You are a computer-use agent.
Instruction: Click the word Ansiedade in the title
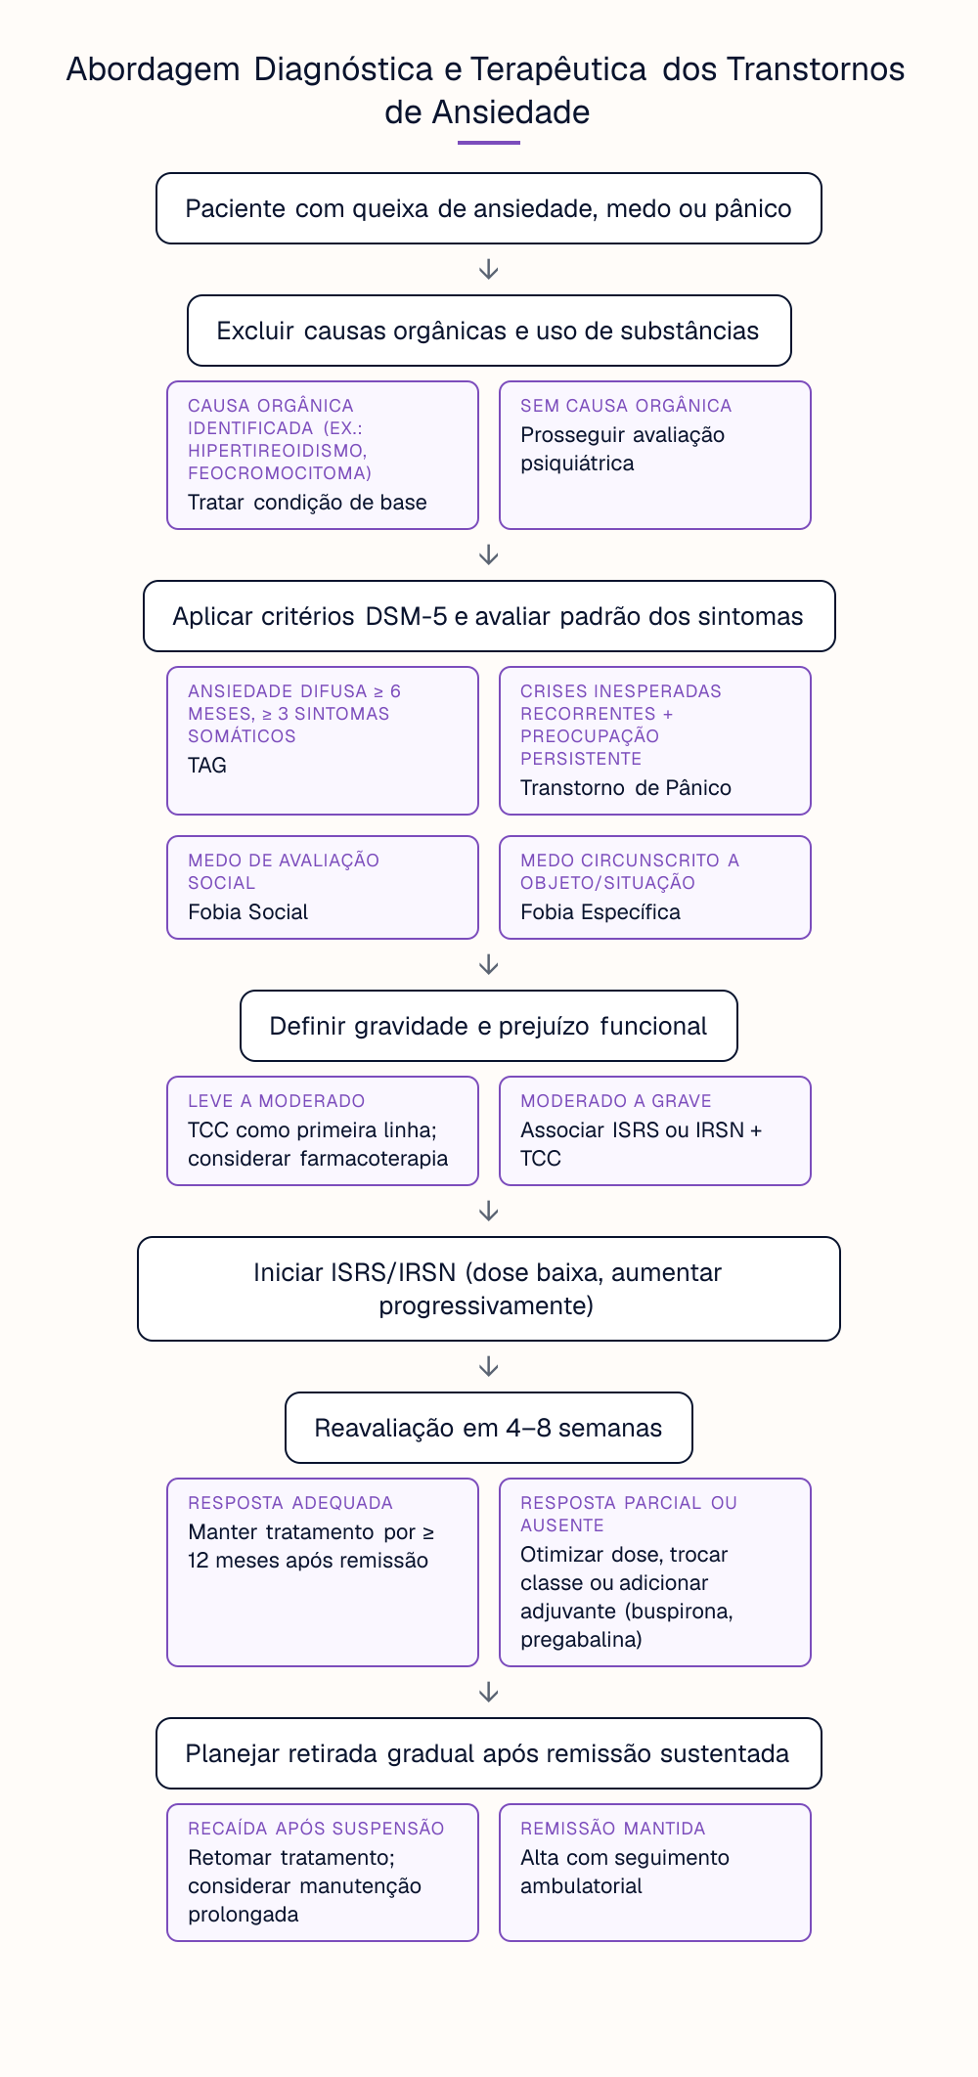coord(511,112)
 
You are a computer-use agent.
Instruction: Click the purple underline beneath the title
coord(489,143)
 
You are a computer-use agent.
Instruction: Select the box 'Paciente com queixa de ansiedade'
coord(489,208)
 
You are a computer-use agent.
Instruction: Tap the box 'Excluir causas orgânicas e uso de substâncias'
coord(489,331)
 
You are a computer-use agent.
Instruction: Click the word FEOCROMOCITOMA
coord(280,473)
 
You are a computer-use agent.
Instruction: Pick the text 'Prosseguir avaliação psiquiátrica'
coord(622,449)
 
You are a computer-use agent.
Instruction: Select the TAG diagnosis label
coord(207,766)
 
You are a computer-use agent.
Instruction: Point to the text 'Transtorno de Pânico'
coord(626,788)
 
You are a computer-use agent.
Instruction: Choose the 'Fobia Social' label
coord(248,912)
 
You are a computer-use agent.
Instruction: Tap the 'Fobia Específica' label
coord(600,912)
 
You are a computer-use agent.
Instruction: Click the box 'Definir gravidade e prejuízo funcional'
coord(489,1026)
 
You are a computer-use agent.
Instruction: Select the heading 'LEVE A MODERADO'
coord(277,1101)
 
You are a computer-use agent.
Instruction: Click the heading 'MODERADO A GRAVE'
coord(616,1101)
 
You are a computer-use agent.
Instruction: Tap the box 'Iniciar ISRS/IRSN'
coord(489,1289)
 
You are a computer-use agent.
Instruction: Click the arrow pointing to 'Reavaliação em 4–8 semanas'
coord(489,1367)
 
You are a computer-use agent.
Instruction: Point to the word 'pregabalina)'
coord(581,1640)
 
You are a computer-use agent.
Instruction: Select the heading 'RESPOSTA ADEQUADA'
coord(290,1503)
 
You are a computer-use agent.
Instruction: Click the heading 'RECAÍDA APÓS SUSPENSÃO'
coord(316,1829)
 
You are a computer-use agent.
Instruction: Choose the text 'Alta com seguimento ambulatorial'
coord(625,1872)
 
